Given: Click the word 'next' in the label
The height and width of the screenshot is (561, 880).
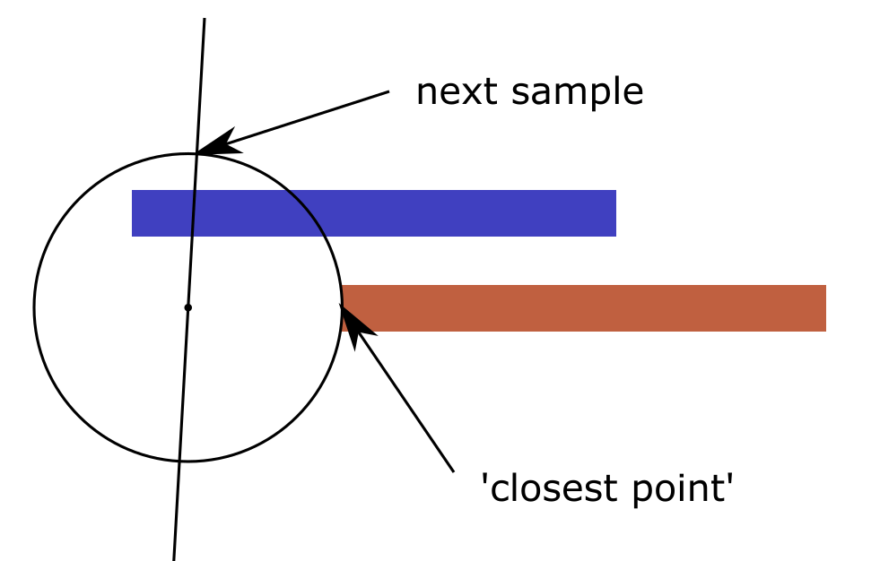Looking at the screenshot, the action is pos(457,92).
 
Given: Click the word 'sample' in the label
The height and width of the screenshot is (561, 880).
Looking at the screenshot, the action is pos(578,92).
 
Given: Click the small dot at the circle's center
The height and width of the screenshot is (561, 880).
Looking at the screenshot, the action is pos(188,307).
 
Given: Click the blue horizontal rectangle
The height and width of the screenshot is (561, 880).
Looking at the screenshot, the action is pos(374,213).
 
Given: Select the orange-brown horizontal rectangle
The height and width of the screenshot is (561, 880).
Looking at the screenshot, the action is pos(584,308).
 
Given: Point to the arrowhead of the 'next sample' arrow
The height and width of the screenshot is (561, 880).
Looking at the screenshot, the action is pos(197,153).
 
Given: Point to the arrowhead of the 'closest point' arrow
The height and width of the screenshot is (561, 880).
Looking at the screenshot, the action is pos(340,306).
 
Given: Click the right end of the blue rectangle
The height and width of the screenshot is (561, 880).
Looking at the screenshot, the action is pos(615,213).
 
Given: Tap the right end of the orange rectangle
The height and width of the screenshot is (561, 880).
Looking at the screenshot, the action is pos(825,308).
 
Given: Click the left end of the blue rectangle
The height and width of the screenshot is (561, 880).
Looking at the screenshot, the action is pos(133,213).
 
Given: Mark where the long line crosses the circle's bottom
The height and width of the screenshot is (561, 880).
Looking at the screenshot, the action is pos(179,462).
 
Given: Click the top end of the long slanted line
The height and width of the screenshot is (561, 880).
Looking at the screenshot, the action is pos(205,19).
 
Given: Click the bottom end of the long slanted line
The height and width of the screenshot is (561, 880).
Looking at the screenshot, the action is pos(174,559).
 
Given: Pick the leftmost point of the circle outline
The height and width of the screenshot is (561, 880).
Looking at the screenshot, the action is pos(34,307).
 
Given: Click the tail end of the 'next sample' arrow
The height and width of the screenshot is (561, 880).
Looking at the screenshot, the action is pos(389,91).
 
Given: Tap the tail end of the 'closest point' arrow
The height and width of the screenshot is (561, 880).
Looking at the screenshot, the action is pos(454,471).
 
